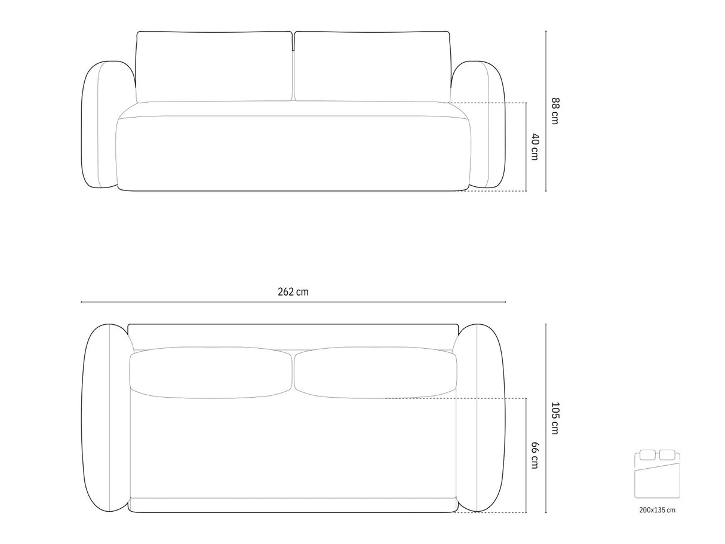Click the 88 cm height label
tap(555, 111)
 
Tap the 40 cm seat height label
tap(535, 147)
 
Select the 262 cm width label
tap(293, 292)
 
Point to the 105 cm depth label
tap(555, 418)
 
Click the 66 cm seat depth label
tap(535, 455)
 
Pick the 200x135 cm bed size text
tap(658, 510)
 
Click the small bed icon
tap(658, 475)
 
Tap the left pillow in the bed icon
tap(647, 454)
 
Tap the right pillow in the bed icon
tap(667, 454)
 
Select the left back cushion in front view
tap(214, 67)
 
